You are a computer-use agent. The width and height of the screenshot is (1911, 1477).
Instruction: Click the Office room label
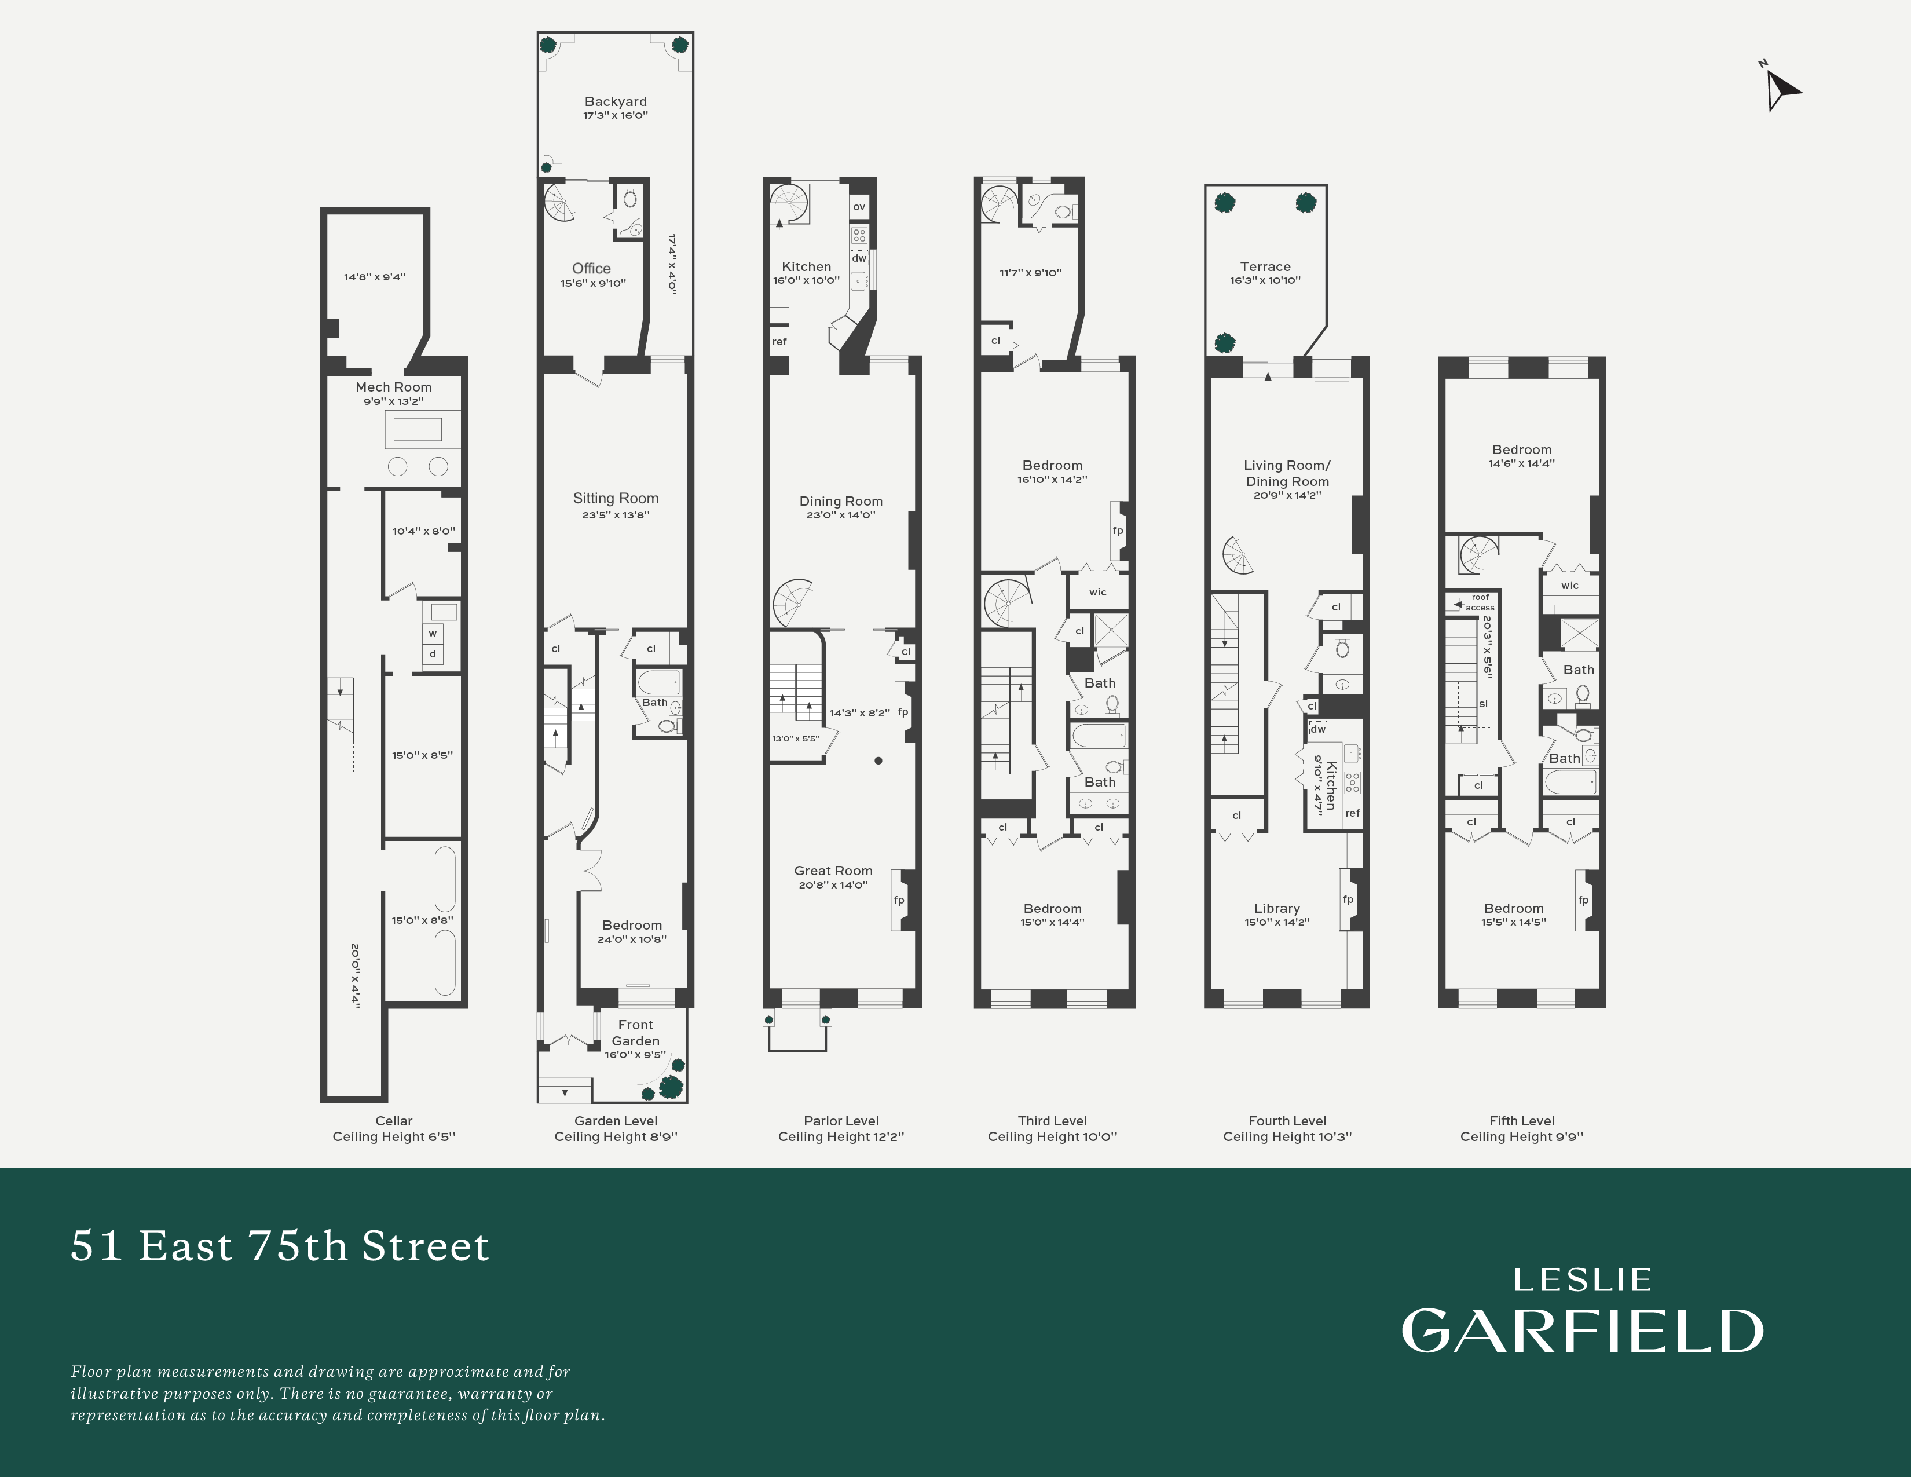(x=591, y=269)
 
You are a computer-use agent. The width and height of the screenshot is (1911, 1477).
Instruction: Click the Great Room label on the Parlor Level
(x=833, y=871)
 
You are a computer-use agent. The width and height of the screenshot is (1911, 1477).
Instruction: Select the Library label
(x=1277, y=908)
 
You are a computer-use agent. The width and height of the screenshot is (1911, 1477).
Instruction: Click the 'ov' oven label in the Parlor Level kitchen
(x=859, y=207)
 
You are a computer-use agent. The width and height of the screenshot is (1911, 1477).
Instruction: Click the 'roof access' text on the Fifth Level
(x=1480, y=602)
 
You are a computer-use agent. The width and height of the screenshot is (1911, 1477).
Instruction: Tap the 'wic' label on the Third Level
(x=1097, y=593)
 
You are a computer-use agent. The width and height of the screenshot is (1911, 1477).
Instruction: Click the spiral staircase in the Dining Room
(x=793, y=602)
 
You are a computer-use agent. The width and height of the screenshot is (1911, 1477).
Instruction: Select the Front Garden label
(x=635, y=1033)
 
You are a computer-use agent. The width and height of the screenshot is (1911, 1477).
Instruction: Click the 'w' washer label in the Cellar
(x=432, y=633)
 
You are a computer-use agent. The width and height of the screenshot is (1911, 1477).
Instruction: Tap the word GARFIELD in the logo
(x=1582, y=1332)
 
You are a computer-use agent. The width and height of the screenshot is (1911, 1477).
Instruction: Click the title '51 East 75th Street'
(x=280, y=1246)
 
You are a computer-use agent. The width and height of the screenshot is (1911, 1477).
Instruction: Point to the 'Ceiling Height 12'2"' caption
(x=840, y=1136)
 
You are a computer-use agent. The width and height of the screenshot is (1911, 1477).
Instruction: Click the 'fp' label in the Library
(x=1348, y=900)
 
